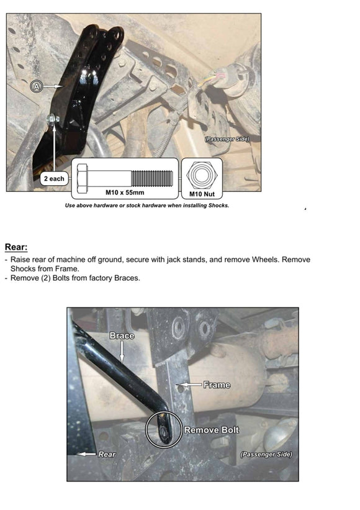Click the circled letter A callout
click(37, 86)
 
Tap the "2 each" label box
click(54, 179)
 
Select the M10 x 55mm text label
click(125, 192)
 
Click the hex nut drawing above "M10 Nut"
click(202, 175)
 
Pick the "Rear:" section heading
click(16, 247)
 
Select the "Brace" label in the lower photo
click(122, 335)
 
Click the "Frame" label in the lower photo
click(217, 385)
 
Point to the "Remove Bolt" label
click(212, 430)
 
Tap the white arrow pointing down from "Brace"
click(122, 351)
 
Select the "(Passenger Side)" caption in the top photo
click(227, 139)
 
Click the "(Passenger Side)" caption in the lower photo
click(266, 454)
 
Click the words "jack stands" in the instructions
click(186, 260)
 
